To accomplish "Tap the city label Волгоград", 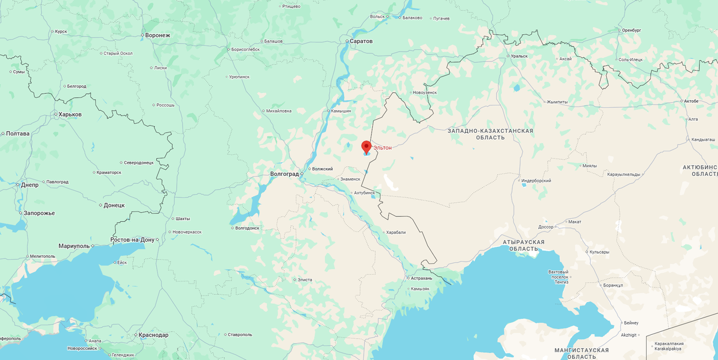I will [284, 174].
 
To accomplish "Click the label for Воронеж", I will [157, 35].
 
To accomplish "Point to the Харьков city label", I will [69, 114].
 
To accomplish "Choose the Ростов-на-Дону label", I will [133, 240].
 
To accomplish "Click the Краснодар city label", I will [153, 335].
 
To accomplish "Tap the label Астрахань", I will [421, 278].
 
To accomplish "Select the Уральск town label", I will [519, 56].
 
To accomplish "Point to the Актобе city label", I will [690, 101].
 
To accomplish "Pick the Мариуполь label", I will [74, 246].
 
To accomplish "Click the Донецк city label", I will [114, 205].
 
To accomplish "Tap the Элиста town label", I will [305, 279].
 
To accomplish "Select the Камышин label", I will [341, 111].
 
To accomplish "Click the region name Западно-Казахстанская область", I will [490, 134].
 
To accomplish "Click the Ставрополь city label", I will [239, 334].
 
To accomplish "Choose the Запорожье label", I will [39, 213].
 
